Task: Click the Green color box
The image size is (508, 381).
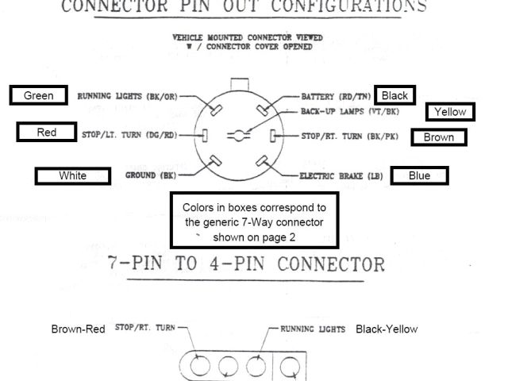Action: pos(39,96)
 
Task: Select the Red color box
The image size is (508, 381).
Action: pos(47,133)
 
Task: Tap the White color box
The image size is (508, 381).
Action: pos(72,175)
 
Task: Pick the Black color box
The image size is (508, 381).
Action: pos(394,96)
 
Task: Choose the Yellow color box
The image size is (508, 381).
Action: pos(450,112)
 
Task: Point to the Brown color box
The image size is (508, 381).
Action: pos(438,137)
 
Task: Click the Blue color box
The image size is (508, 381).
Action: pos(419,175)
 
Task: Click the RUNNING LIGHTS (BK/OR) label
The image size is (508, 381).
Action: pos(127,96)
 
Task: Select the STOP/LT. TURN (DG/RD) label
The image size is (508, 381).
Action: pos(129,135)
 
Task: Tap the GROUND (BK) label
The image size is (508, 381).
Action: pos(151,175)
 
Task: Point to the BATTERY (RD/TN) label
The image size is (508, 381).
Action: pos(334,96)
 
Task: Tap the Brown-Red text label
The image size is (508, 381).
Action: pos(78,329)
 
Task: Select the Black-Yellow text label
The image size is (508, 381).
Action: pos(387,329)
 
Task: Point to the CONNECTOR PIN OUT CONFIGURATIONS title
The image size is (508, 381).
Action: pos(243,7)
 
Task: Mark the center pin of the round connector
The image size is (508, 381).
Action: pos(238,134)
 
